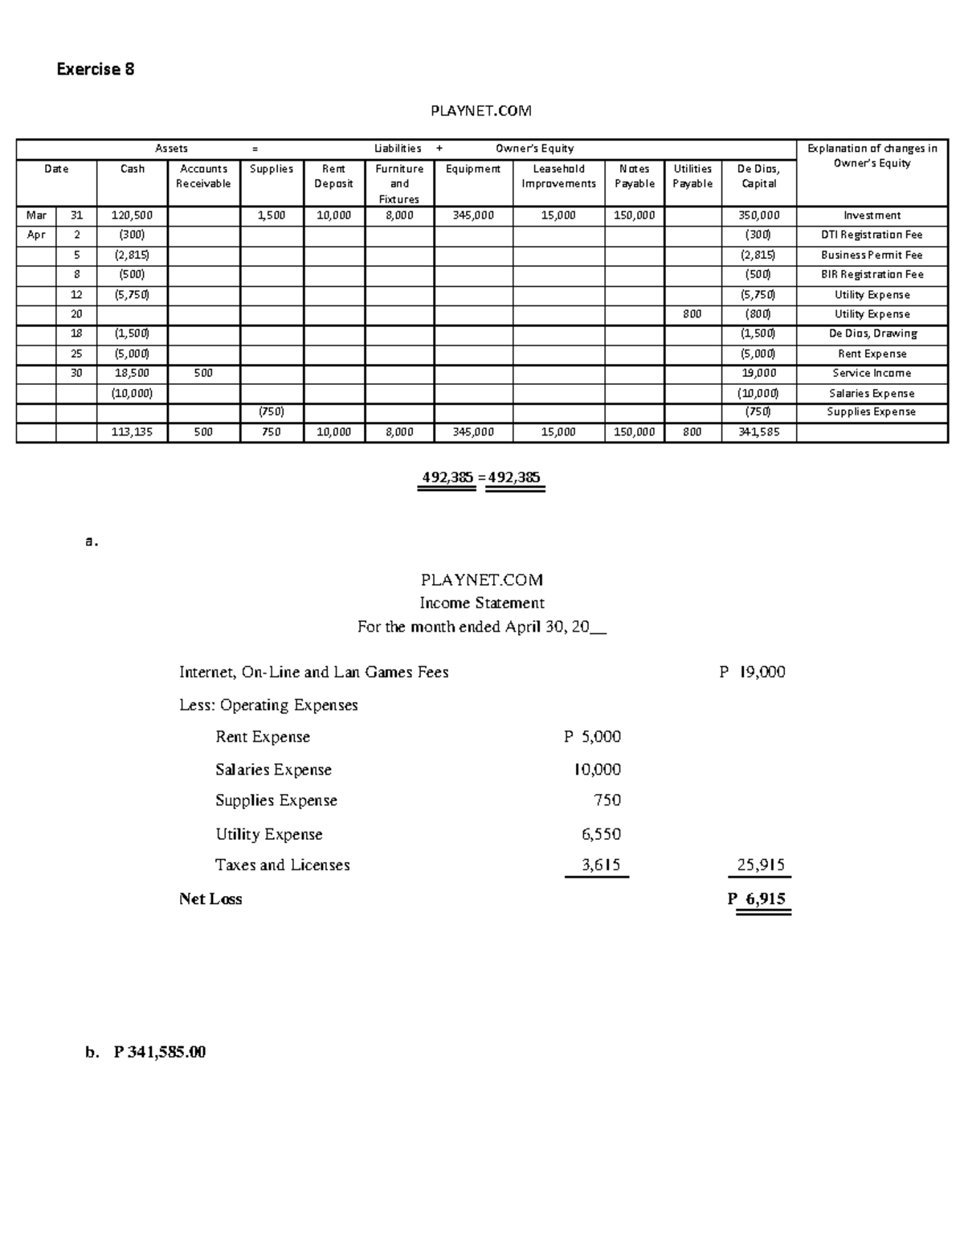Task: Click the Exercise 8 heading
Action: [x=95, y=69]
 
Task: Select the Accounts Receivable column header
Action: [x=203, y=176]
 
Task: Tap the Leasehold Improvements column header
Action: [x=558, y=176]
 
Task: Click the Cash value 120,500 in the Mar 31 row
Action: [x=132, y=215]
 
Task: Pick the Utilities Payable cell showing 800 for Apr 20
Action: [x=692, y=314]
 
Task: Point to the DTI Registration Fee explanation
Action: [x=872, y=235]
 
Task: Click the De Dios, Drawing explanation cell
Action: [x=872, y=333]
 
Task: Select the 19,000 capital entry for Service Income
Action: [x=758, y=373]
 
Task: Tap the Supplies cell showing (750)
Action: [x=272, y=411]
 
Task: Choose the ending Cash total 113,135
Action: [x=132, y=432]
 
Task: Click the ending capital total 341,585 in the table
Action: [x=758, y=432]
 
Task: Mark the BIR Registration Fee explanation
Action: [x=872, y=274]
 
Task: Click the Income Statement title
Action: [x=481, y=603]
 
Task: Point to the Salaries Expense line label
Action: [x=273, y=769]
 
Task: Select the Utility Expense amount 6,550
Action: [x=601, y=834]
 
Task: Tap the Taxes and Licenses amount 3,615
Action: [x=601, y=865]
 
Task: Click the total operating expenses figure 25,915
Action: [x=761, y=865]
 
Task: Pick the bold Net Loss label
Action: [x=210, y=899]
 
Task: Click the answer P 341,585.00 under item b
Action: [x=160, y=1052]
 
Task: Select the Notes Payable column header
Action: [x=635, y=176]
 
